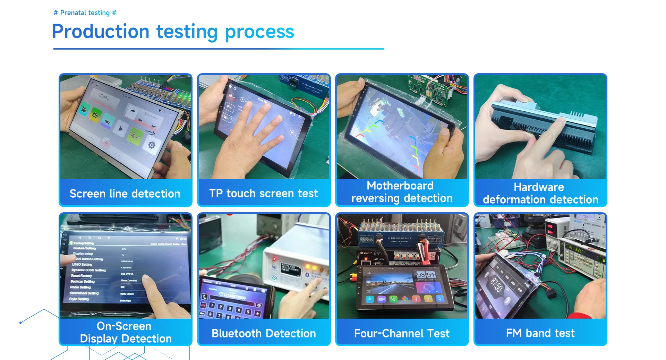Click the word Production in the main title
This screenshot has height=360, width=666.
tap(101, 32)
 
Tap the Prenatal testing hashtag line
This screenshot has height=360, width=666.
tap(85, 13)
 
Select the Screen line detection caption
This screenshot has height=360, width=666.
tap(125, 194)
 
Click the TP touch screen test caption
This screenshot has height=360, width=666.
tap(263, 193)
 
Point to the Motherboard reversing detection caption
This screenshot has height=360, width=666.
tap(402, 192)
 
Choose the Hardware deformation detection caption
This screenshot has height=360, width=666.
tap(540, 193)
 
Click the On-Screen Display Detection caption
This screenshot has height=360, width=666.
tap(126, 332)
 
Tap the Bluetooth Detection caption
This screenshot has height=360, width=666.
tap(264, 333)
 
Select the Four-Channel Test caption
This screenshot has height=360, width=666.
tap(402, 333)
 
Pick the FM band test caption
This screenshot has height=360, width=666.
tap(540, 333)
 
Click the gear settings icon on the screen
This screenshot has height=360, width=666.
tap(152, 145)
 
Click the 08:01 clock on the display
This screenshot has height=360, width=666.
tap(426, 275)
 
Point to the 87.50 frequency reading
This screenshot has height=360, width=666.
tap(496, 285)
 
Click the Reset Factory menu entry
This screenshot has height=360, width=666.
tap(82, 276)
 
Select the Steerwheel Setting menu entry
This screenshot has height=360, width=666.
tap(84, 293)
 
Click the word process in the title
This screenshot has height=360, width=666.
tap(259, 32)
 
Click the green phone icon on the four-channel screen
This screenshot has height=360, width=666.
tap(393, 299)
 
